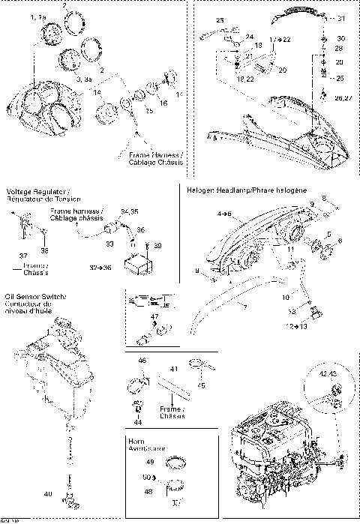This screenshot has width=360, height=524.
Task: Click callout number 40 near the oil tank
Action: tap(49, 494)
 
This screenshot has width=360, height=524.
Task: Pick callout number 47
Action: tap(156, 319)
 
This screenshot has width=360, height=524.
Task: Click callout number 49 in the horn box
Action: tap(149, 463)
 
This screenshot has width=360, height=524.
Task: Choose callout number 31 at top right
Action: tap(342, 18)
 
